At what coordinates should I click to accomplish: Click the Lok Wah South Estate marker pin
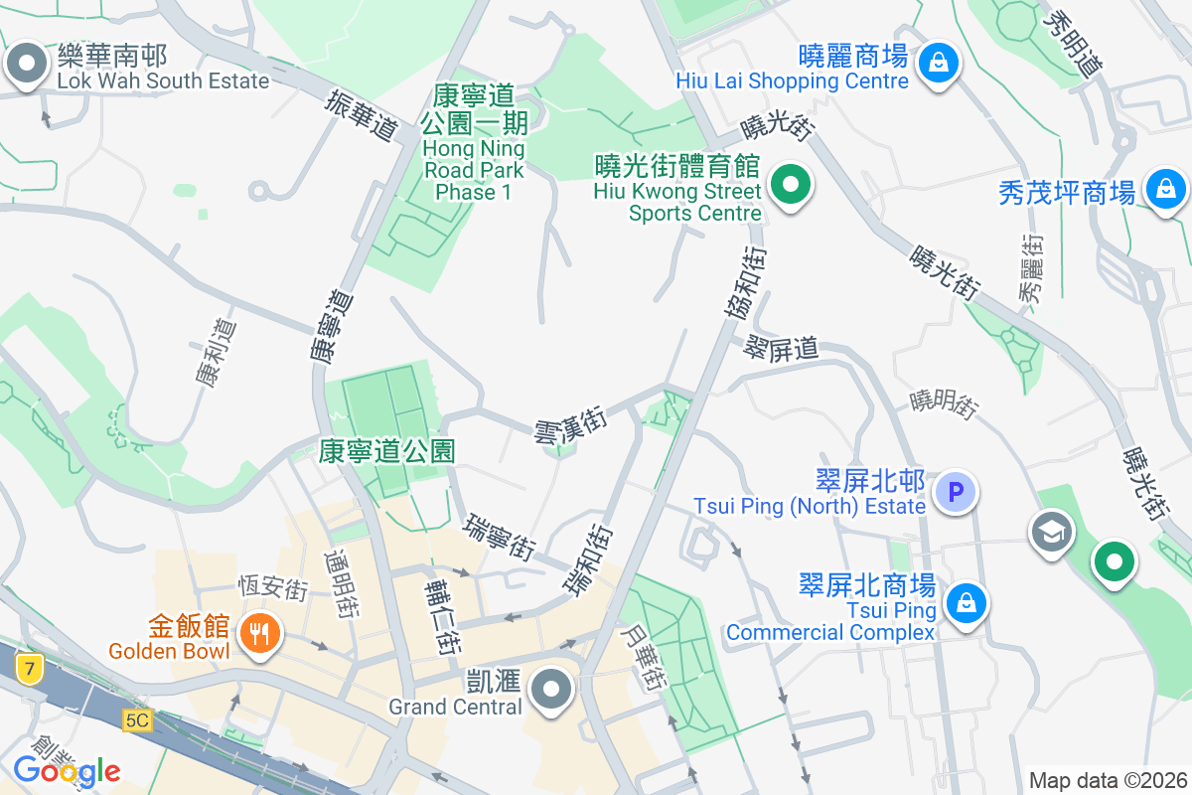27,66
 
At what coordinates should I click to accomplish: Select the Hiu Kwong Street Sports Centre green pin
790,186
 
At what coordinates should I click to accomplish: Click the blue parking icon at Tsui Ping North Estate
956,491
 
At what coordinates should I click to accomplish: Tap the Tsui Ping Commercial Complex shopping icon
964,603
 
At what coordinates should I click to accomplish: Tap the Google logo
67,770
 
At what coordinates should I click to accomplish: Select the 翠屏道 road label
781,347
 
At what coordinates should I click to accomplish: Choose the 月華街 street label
641,658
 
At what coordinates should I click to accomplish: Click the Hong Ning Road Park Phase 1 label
474,141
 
